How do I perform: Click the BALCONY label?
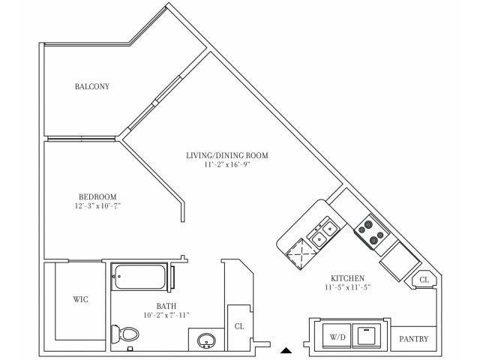pyautogui.click(x=92, y=86)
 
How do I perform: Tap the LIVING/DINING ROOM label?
pyautogui.click(x=227, y=155)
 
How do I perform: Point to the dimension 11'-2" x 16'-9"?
pyautogui.click(x=227, y=165)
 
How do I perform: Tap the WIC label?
pyautogui.click(x=81, y=299)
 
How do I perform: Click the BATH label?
pyautogui.click(x=166, y=305)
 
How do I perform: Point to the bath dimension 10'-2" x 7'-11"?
pyautogui.click(x=166, y=315)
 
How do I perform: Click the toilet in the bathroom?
pyautogui.click(x=121, y=334)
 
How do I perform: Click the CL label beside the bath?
pyautogui.click(x=239, y=326)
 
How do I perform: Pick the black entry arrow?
pyautogui.click(x=286, y=349)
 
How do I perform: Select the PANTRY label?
pyautogui.click(x=413, y=339)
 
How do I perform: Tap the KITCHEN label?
pyautogui.click(x=346, y=277)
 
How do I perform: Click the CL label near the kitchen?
pyautogui.click(x=424, y=279)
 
